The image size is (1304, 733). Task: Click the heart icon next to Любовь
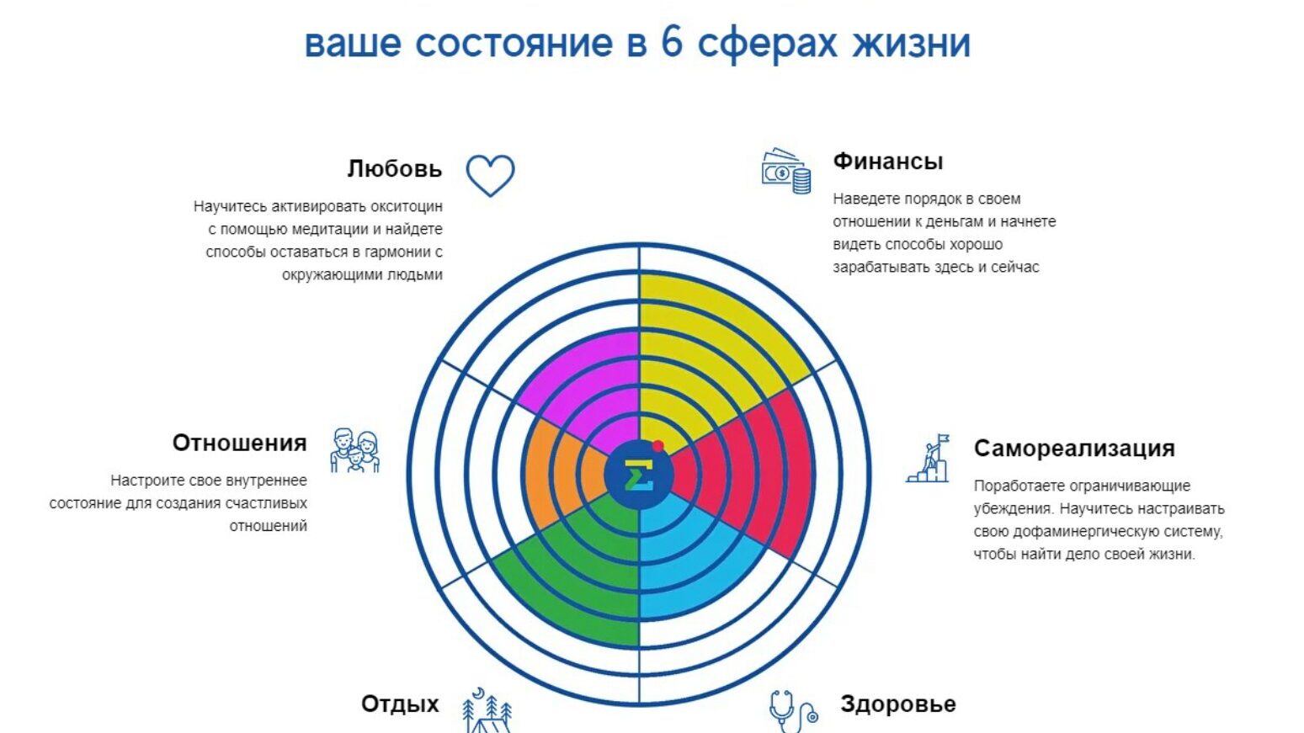coord(490,175)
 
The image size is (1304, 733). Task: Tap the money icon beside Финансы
coord(785,172)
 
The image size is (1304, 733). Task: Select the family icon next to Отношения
coord(354,450)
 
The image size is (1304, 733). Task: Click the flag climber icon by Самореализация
coord(929,459)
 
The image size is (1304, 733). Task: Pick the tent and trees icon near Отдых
coord(487,712)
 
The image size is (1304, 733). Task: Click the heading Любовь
coord(394,169)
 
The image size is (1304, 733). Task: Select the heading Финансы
coord(888,162)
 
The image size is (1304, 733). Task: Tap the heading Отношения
coord(239,443)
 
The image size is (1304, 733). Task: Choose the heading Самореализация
coord(1074,449)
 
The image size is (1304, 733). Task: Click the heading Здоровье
coord(897,704)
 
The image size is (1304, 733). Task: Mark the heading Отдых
coord(400,704)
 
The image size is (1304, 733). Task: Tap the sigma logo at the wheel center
coord(639,476)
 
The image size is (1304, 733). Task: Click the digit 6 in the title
coord(671,42)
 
